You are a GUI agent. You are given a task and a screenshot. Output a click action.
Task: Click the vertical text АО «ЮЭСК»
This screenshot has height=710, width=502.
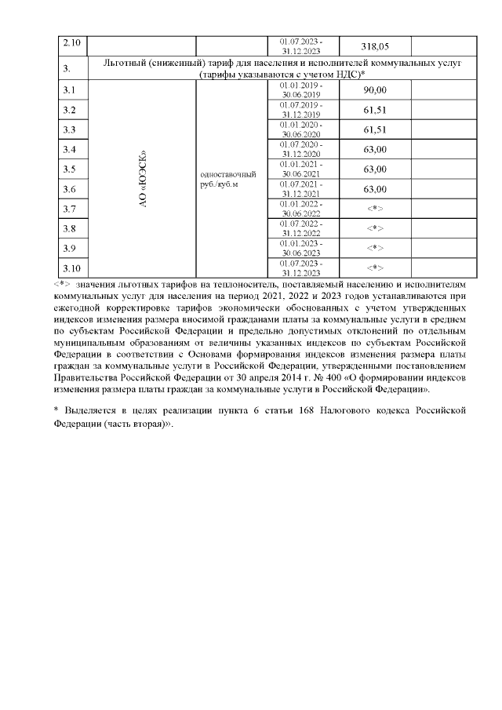(143, 179)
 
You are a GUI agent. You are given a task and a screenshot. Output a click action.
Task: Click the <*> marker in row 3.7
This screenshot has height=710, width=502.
(375, 209)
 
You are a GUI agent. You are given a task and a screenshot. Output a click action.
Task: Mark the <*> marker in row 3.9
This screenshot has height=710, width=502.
(375, 248)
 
